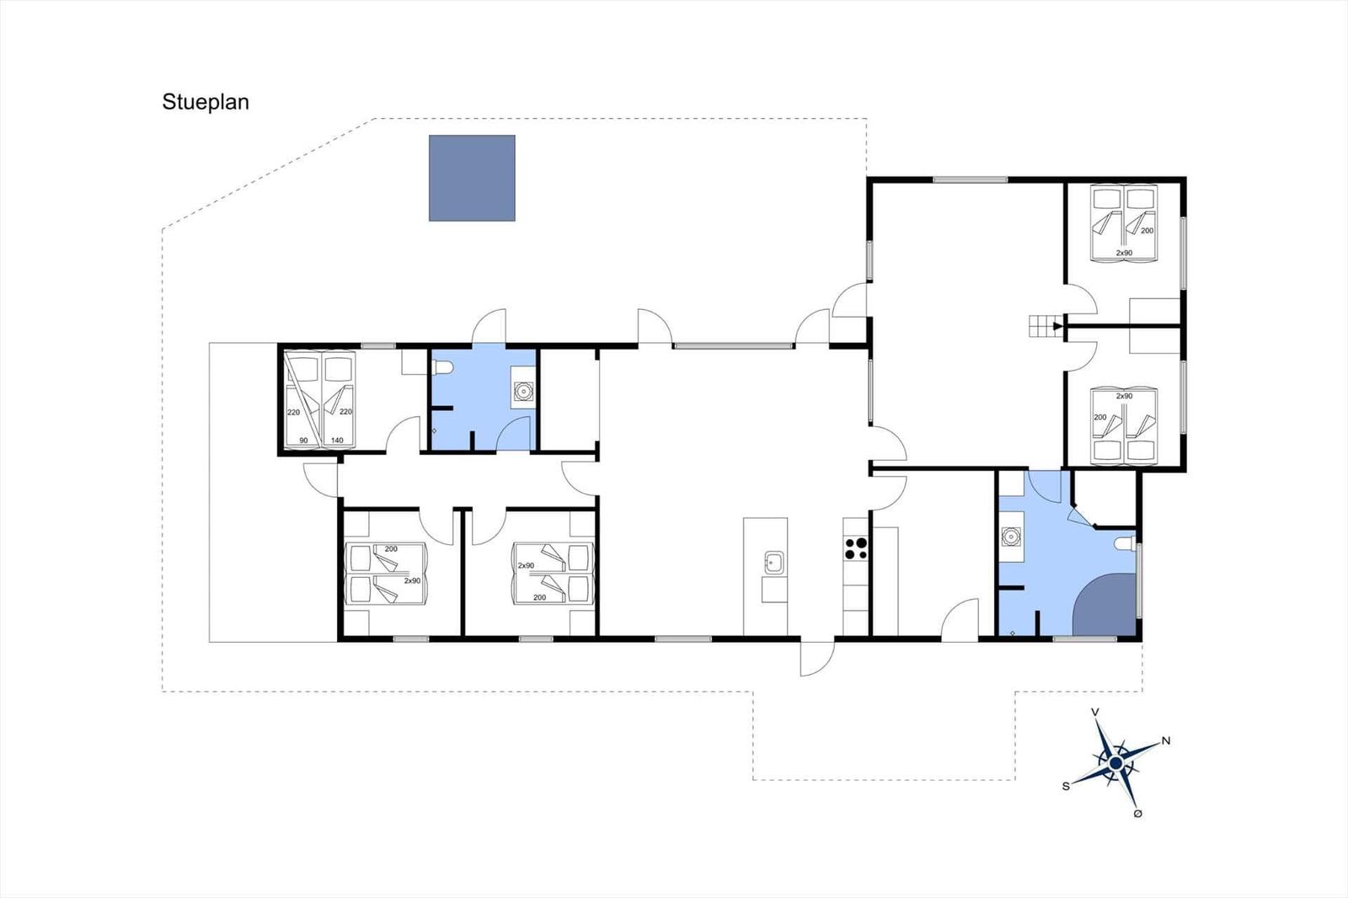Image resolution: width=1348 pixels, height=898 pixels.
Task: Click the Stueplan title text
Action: click(206, 102)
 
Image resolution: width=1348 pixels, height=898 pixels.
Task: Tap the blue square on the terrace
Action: click(472, 178)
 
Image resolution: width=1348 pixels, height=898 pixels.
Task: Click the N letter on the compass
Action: click(1166, 741)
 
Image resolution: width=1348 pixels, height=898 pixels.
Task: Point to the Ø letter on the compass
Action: click(1137, 814)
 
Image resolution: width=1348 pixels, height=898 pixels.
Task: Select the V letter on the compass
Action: click(1095, 713)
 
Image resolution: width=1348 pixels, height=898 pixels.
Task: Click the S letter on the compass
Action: click(1066, 786)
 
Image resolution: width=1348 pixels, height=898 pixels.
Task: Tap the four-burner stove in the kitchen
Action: click(856, 548)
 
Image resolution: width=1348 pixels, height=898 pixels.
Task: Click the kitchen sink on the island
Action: click(774, 563)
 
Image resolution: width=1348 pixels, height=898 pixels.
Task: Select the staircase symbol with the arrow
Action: click(1046, 326)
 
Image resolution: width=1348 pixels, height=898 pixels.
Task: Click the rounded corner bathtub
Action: click(1105, 605)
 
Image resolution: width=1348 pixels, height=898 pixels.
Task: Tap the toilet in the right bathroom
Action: click(1124, 543)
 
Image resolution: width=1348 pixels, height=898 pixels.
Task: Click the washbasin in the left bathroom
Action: click(523, 392)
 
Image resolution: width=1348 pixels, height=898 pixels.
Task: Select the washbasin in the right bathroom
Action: click(1011, 536)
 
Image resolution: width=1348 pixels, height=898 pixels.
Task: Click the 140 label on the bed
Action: click(337, 440)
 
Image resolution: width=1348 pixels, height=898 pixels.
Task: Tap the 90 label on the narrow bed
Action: click(303, 441)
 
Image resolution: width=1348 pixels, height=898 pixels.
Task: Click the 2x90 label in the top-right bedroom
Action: click(1124, 253)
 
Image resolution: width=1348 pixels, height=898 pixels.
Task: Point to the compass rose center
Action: click(1115, 763)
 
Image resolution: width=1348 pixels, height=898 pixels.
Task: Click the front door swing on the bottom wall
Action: click(817, 659)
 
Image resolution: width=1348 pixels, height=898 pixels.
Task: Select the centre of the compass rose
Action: click(1115, 763)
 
